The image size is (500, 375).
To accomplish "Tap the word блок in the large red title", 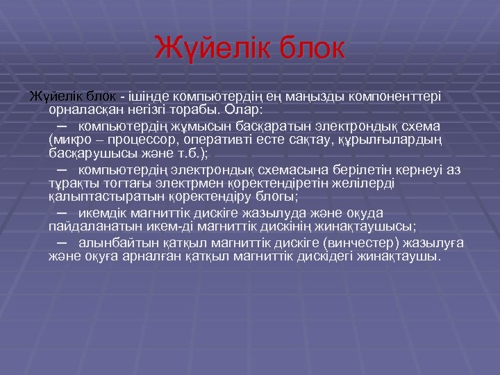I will (x=309, y=48).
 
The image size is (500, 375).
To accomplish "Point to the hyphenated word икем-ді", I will (x=181, y=226).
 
